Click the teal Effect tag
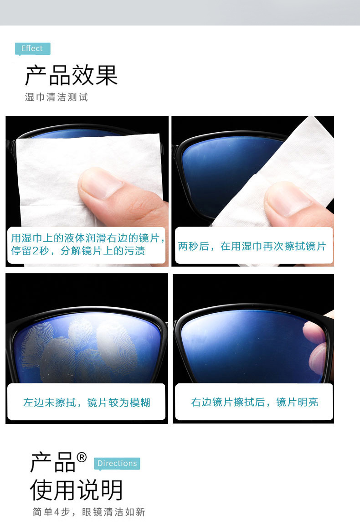32,49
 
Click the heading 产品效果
71,76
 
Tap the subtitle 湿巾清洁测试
56,97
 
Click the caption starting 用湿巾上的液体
87,244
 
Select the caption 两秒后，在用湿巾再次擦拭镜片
252,247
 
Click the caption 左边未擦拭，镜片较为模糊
87,402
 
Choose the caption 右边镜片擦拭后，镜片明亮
254,402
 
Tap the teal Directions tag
117,463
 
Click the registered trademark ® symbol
82,457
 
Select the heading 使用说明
77,490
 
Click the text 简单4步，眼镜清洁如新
88,512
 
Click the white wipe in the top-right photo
296,155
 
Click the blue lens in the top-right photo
219,169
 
